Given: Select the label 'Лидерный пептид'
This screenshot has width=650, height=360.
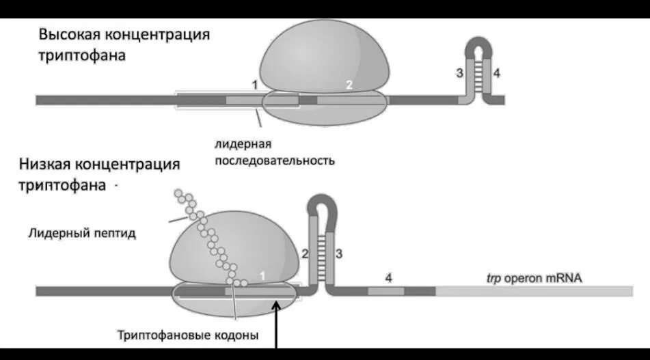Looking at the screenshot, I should [82, 233].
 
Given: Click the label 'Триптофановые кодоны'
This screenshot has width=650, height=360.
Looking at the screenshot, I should [187, 335].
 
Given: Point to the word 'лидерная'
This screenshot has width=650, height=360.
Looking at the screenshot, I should [243, 144].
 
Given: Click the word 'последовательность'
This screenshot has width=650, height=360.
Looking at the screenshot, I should [275, 161].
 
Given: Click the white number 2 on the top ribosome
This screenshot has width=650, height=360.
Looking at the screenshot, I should [349, 85].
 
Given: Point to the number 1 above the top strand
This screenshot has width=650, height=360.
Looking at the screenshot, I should [254, 85].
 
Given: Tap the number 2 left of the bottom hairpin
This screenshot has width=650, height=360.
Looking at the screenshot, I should [305, 253].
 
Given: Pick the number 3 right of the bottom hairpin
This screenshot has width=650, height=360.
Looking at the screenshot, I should [338, 253].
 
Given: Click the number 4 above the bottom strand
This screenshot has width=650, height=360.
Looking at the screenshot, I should [388, 277].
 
